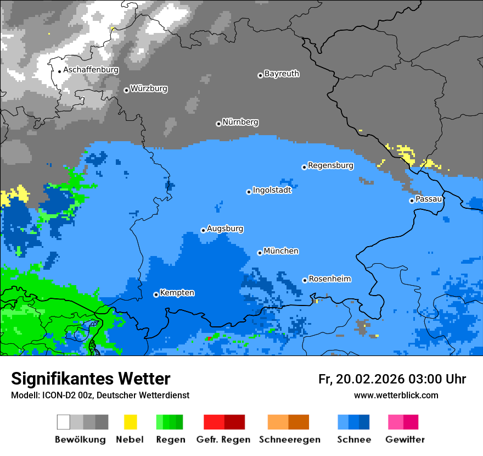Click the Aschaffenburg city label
pos(91,70)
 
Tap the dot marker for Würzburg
pos(126,90)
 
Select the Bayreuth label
pos(282,74)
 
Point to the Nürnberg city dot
pos(218,124)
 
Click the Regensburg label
pos(330,165)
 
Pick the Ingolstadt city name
pos(272,190)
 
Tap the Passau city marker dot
pos(412,201)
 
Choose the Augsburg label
pos(225,229)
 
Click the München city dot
pos(260,253)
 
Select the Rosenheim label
pos(329,279)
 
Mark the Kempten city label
pos(177,293)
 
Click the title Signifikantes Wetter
pos(91,379)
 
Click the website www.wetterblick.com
pos(396,396)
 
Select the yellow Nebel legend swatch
pos(130,422)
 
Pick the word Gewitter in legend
pos(405,440)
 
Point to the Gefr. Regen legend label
pos(223,440)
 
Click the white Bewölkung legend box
pos(64,422)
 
